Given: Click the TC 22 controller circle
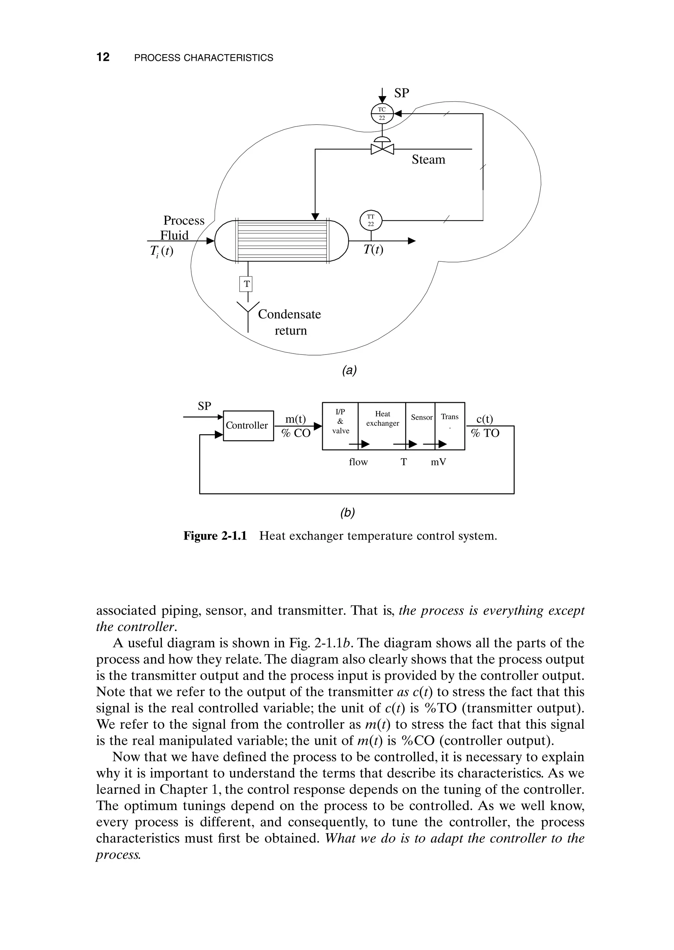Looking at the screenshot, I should click(382, 113).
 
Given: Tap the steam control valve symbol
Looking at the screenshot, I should click(382, 148).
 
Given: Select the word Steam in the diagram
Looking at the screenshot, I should click(428, 159).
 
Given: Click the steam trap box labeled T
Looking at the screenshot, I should click(247, 284).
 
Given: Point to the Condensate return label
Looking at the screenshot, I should click(290, 322).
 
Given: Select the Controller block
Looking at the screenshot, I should click(248, 426).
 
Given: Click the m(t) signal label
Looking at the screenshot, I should click(295, 419).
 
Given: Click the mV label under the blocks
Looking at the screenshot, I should click(438, 462).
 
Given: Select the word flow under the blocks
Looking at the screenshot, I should click(358, 462).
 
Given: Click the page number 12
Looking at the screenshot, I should click(103, 57).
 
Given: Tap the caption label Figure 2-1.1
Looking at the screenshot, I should click(215, 536).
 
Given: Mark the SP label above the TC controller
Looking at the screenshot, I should click(401, 93).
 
